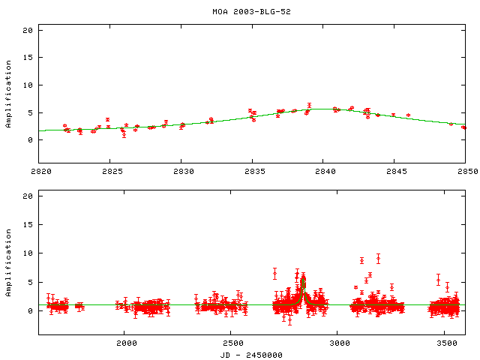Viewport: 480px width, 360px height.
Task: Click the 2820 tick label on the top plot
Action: click(x=39, y=172)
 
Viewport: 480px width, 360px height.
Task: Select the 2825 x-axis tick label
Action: click(x=109, y=172)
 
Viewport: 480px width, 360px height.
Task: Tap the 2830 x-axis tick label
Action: click(x=181, y=172)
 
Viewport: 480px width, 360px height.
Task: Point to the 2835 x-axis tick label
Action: click(x=252, y=172)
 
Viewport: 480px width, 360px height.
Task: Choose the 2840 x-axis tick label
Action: click(x=322, y=172)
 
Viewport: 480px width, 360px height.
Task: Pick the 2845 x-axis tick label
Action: click(x=394, y=172)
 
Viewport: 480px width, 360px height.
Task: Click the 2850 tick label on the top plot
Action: click(x=465, y=172)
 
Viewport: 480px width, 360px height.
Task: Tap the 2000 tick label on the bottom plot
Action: click(x=125, y=343)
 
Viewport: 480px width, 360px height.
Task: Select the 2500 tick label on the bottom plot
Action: click(x=232, y=343)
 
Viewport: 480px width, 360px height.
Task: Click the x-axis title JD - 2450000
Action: click(x=251, y=354)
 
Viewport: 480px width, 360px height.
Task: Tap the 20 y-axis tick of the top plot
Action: click(x=28, y=31)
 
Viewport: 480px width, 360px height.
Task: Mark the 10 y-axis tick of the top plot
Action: click(x=28, y=85)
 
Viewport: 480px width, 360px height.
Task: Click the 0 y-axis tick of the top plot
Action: click(x=30, y=140)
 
